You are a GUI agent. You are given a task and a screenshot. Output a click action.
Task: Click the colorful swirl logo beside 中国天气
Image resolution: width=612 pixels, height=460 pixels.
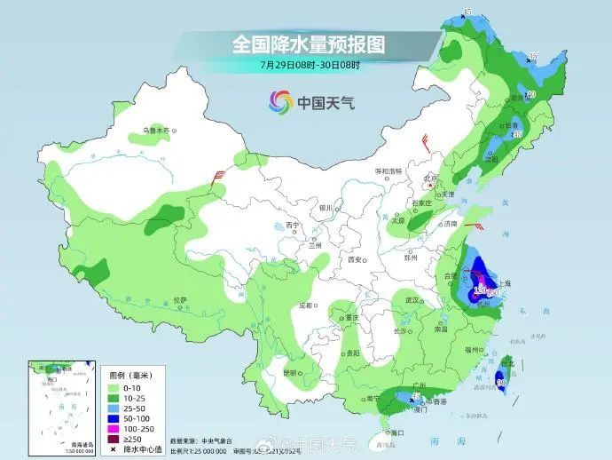coord(281,102)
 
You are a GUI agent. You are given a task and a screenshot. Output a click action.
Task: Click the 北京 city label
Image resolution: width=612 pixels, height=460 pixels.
coord(430,178)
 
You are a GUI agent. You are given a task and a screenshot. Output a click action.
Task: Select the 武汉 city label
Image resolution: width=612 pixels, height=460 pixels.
coord(411,300)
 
